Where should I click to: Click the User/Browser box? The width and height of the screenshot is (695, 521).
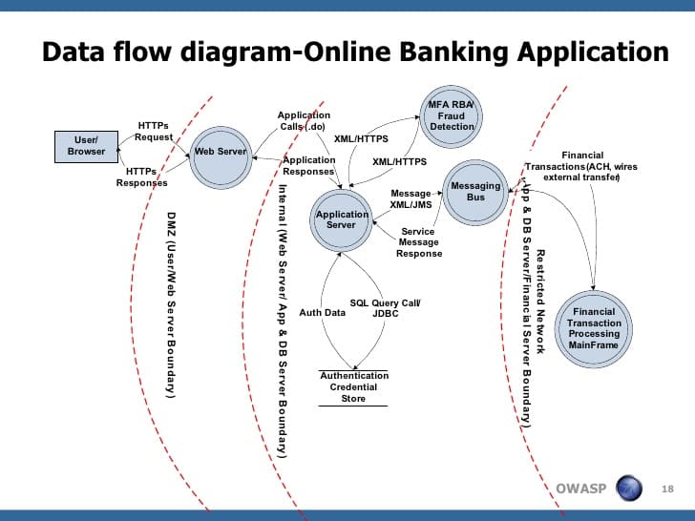pyautogui.click(x=86, y=145)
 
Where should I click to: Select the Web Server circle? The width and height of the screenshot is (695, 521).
pyautogui.click(x=221, y=152)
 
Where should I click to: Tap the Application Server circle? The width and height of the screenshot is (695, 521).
pyautogui.click(x=341, y=219)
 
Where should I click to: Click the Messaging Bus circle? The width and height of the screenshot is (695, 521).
pyautogui.click(x=475, y=192)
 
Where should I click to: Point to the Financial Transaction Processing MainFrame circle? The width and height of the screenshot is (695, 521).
pyautogui.click(x=595, y=327)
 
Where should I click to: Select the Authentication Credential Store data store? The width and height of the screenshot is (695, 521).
pyautogui.click(x=353, y=386)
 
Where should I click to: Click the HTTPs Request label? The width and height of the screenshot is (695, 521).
pyautogui.click(x=154, y=131)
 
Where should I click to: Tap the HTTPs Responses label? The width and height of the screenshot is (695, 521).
pyautogui.click(x=141, y=177)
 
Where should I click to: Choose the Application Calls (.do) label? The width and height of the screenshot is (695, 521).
pyautogui.click(x=304, y=121)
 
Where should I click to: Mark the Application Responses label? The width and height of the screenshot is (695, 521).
pyautogui.click(x=309, y=166)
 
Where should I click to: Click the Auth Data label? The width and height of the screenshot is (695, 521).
pyautogui.click(x=322, y=312)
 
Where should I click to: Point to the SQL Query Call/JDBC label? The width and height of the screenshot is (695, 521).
pyautogui.click(x=385, y=307)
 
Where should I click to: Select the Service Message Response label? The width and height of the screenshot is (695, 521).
pyautogui.click(x=419, y=242)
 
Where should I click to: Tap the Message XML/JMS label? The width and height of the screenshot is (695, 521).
pyautogui.click(x=412, y=198)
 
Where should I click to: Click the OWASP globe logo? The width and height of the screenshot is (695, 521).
pyautogui.click(x=629, y=489)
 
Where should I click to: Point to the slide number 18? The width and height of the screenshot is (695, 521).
pyautogui.click(x=668, y=490)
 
